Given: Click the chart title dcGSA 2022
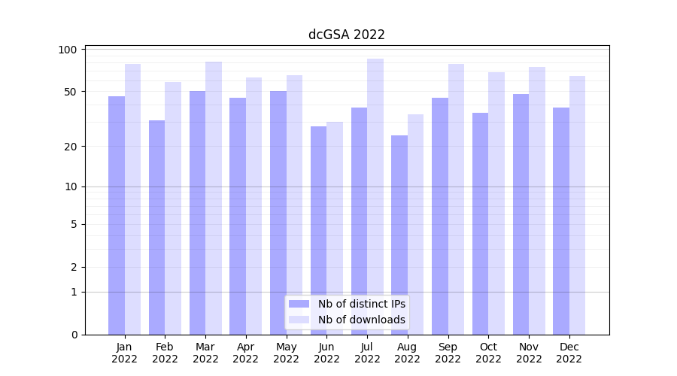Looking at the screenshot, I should pyautogui.click(x=347, y=35).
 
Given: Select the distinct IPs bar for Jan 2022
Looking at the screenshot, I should pyautogui.click(x=117, y=215).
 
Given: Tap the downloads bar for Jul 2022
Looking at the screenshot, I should pyautogui.click(x=375, y=196).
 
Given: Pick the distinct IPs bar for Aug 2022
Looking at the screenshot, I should pyautogui.click(x=399, y=235).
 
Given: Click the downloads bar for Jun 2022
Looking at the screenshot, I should pyautogui.click(x=335, y=228).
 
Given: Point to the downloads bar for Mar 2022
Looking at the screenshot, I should pyautogui.click(x=214, y=198).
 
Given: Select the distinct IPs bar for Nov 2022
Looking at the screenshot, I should pyautogui.click(x=521, y=214).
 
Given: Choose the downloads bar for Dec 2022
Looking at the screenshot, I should pyautogui.click(x=578, y=205).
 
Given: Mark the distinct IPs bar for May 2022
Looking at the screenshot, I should pyautogui.click(x=278, y=213).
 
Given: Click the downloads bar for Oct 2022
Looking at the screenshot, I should pyautogui.click(x=496, y=203).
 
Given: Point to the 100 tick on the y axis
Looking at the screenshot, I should pyautogui.click(x=68, y=50).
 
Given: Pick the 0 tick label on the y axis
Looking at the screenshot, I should pyautogui.click(x=74, y=335).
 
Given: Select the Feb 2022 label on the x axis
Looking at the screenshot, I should pyautogui.click(x=165, y=353).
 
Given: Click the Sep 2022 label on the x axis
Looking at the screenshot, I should pyautogui.click(x=448, y=353).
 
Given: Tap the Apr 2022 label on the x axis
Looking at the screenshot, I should pyautogui.click(x=246, y=353).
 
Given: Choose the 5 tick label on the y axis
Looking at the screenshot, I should pyautogui.click(x=74, y=224).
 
